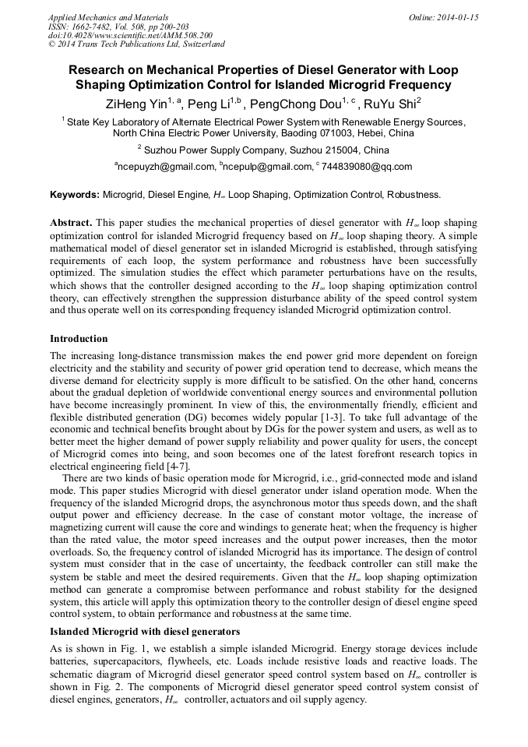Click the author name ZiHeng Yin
coord(136,103)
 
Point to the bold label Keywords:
coord(75,195)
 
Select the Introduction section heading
coord(79,339)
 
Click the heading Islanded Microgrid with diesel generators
coord(145,631)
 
